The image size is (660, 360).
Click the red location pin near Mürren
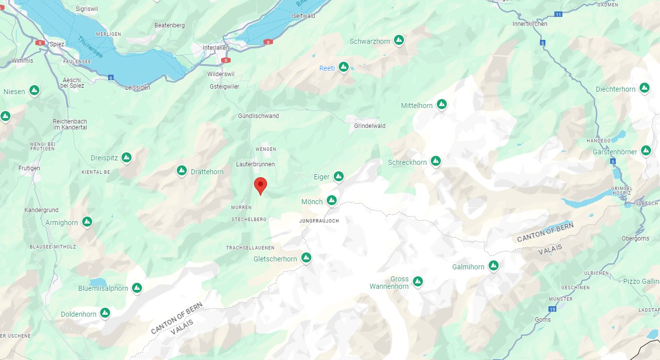(260, 185)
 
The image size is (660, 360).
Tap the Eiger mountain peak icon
(339, 176)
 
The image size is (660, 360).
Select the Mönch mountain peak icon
(332, 201)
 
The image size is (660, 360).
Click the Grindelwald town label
(370, 126)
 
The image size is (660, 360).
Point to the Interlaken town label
(215, 48)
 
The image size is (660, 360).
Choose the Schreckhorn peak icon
(436, 161)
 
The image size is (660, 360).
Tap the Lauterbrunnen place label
(255, 164)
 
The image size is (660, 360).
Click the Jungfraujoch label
(319, 220)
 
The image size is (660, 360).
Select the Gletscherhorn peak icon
(306, 258)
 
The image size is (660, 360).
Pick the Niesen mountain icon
(34, 91)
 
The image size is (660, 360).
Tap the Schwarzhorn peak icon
(398, 40)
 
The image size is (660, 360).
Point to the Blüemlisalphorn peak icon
(136, 288)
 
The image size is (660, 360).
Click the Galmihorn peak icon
(494, 265)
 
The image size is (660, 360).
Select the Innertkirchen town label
(529, 24)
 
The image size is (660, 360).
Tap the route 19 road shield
(552, 309)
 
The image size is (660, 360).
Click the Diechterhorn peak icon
(644, 88)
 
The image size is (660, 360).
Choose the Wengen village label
(265, 149)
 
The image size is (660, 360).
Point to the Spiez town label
(57, 44)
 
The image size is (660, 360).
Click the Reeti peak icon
(343, 67)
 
